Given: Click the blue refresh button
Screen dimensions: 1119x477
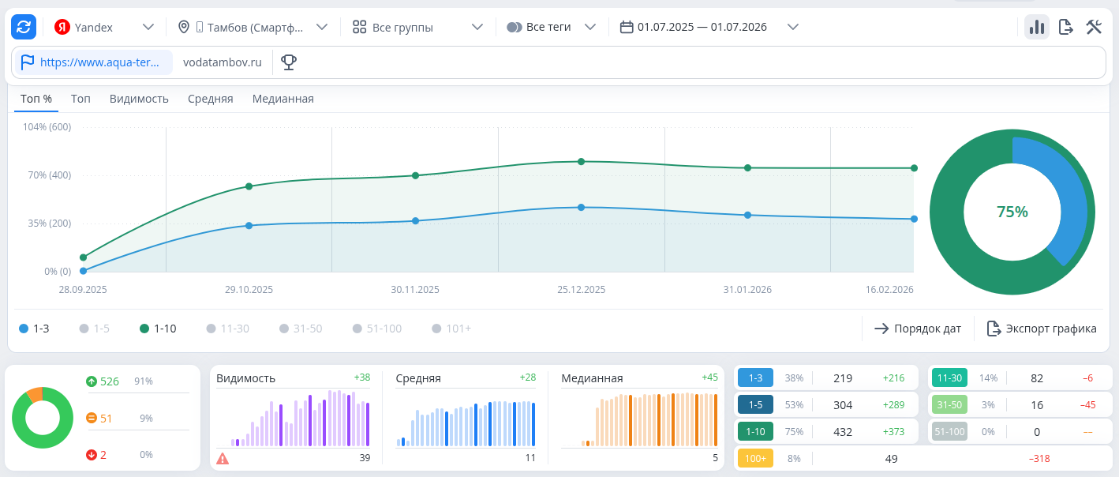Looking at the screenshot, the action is [24, 27].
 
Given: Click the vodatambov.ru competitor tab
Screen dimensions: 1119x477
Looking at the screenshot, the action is [223, 62].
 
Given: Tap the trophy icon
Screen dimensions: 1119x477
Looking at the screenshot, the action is [289, 62].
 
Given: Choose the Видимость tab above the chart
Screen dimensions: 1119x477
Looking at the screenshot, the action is [139, 99].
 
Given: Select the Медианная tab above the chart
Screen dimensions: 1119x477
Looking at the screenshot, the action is [283, 99].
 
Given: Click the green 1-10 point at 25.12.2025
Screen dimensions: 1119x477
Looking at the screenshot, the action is [581, 161].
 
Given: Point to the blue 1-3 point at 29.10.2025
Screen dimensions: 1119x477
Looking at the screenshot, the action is [249, 226].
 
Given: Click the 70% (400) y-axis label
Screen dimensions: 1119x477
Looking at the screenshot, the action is [50, 175].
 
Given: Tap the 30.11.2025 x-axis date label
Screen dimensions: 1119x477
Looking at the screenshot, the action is [415, 290].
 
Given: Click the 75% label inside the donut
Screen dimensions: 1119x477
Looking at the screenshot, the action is [1012, 212].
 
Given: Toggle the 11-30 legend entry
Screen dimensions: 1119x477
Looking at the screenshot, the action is [228, 329].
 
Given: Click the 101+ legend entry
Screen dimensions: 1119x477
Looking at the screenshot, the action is [451, 329].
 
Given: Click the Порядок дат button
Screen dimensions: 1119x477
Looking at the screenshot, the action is [918, 329].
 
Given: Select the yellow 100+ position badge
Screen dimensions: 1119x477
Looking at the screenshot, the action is [755, 459].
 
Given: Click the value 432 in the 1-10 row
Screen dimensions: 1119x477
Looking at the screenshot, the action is [843, 432].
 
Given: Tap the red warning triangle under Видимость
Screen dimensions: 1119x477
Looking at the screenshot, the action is [223, 459].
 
